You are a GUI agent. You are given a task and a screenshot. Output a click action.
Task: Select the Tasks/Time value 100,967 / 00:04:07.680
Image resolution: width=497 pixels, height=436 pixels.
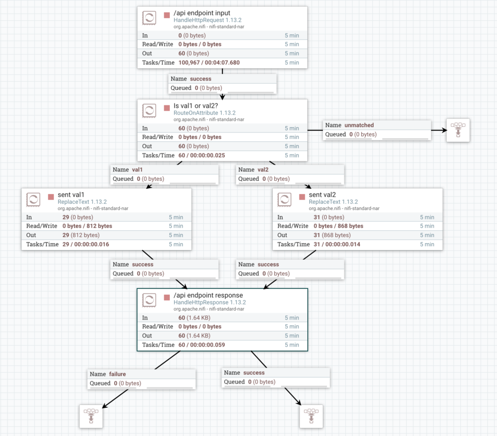click(209, 63)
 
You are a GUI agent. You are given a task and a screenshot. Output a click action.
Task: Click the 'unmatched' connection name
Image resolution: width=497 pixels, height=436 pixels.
click(359, 125)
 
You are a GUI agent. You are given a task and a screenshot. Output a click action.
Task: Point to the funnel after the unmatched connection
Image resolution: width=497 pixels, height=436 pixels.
click(458, 131)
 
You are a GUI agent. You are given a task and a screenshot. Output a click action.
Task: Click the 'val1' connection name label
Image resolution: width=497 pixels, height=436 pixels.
click(137, 170)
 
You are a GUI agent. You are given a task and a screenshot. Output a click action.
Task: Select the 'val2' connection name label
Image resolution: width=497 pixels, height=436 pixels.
click(263, 170)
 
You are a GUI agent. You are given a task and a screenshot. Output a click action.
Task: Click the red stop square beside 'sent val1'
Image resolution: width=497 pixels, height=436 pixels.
click(51, 197)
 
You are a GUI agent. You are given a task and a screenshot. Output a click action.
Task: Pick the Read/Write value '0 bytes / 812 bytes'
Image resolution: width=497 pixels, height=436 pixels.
click(87, 226)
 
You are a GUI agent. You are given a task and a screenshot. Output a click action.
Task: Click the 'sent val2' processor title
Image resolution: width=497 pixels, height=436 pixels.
click(322, 195)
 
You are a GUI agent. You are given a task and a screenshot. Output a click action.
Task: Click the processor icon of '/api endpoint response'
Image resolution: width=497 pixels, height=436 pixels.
click(149, 300)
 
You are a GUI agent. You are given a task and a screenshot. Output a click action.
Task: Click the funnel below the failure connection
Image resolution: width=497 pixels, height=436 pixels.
click(91, 416)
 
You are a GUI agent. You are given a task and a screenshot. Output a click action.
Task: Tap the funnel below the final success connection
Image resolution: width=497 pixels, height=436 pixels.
click(311, 416)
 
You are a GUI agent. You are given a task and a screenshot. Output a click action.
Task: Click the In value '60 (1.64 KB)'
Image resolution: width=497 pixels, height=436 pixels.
click(194, 318)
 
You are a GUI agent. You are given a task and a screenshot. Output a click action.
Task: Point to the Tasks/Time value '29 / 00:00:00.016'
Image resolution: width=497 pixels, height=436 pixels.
click(86, 244)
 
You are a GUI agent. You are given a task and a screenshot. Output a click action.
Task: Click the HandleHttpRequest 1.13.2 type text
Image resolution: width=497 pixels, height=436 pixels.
click(208, 20)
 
